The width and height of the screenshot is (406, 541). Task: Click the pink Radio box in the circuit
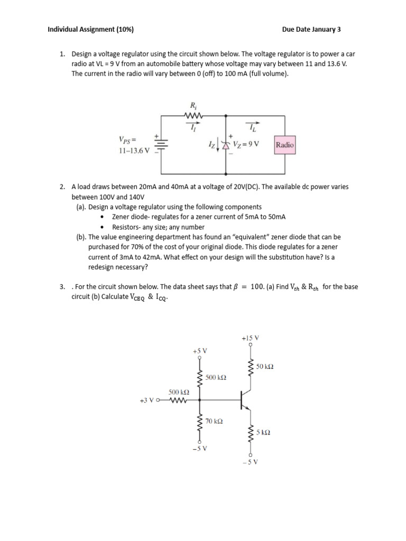284,145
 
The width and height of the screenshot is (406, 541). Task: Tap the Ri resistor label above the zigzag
192,105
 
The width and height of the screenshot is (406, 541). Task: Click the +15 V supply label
250,338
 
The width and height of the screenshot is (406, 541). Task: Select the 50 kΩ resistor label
264,367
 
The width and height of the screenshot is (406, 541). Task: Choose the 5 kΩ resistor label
263,432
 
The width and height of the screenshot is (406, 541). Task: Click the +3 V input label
147,400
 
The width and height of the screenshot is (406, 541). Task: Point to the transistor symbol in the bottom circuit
244,400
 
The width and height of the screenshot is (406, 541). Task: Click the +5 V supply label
200,350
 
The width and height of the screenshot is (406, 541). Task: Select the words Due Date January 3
311,30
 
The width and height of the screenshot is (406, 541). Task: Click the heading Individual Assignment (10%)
90,30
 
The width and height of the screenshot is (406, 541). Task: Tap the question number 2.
62,187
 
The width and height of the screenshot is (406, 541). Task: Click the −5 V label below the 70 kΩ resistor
200,449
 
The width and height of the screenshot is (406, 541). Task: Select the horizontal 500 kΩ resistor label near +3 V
179,393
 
